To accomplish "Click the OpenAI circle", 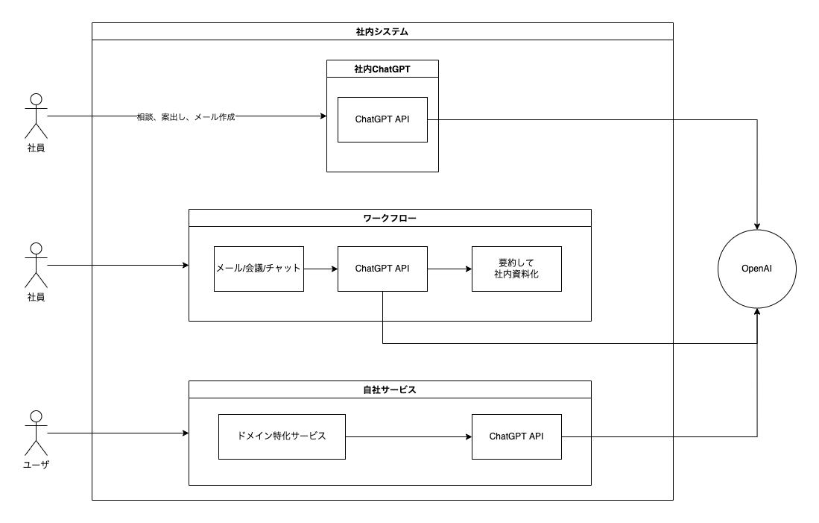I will tap(757, 268).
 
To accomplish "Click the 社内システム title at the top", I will tap(382, 32).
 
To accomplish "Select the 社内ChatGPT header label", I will tap(382, 69).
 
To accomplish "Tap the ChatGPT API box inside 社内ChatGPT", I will tap(382, 119).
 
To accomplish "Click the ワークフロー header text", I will tap(389, 219).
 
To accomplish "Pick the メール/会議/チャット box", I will tap(259, 268).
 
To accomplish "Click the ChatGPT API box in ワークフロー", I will tap(382, 268).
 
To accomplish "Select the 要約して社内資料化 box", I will tap(516, 268).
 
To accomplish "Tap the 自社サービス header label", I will tap(389, 390).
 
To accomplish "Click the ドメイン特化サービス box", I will tap(282, 436).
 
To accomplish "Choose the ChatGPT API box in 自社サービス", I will tap(516, 436).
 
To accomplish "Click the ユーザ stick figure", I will tap(36, 433).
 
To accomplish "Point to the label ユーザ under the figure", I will tap(36, 466).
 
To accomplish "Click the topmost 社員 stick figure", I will tap(36, 116).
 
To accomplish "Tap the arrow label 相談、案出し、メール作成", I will tap(186, 117).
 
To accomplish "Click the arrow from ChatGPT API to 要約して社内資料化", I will tap(449, 269).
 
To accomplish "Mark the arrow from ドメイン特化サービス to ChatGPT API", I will tap(408, 436).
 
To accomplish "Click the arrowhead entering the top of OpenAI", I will tap(758, 225).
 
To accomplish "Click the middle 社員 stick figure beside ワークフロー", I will tap(36, 265).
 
